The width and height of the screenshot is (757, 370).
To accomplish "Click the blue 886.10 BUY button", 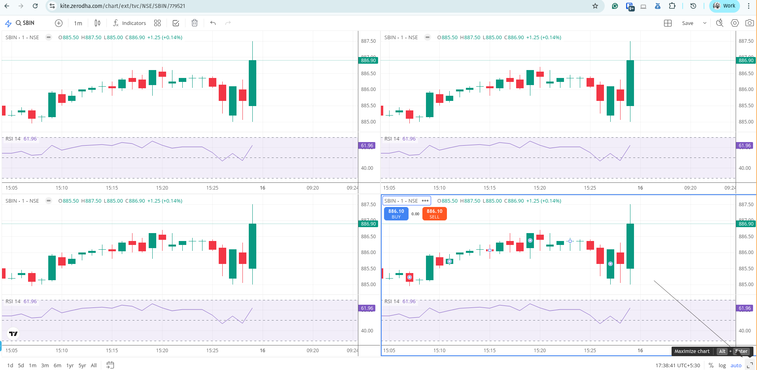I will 396,214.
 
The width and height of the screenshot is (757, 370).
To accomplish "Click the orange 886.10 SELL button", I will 434,214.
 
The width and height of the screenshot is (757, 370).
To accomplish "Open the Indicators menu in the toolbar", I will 130,23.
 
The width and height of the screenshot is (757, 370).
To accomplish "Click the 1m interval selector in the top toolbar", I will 78,23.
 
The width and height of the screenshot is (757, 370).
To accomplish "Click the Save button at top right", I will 687,23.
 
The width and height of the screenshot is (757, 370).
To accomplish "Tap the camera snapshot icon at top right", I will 749,23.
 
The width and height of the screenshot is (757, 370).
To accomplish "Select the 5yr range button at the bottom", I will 82,365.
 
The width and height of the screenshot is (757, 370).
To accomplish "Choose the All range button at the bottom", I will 94,365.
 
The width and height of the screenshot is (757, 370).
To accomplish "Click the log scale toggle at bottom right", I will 722,365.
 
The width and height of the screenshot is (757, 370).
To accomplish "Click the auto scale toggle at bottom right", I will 736,365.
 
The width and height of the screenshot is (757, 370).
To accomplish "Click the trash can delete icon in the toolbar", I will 194,23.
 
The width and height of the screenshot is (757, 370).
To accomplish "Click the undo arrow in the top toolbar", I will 213,23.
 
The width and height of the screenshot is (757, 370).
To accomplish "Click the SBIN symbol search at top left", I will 25,23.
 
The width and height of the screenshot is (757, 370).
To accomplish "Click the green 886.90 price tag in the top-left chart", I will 368,61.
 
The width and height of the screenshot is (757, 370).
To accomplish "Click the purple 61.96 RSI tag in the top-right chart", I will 745,146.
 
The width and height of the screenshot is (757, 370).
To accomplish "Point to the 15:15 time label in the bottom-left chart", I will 112,351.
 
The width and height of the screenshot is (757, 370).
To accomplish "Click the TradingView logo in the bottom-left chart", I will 13,334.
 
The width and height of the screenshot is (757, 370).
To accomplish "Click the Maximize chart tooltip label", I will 692,351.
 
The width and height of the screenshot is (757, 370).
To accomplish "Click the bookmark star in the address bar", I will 595,6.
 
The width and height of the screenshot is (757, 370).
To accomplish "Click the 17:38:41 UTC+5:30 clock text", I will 677,365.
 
